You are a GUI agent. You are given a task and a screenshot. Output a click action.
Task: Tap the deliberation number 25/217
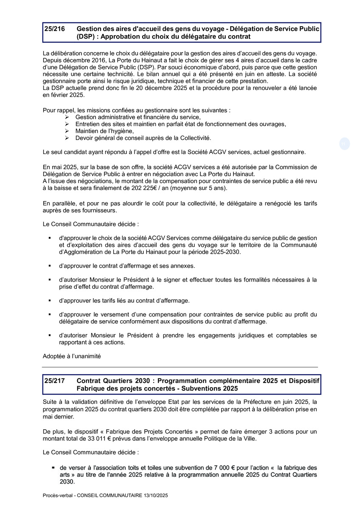[54, 380]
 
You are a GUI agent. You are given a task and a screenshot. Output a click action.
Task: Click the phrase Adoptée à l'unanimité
[72, 356]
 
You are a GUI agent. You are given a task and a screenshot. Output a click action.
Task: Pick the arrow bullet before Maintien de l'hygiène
[67, 131]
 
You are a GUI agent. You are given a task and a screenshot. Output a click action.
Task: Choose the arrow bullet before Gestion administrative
[67, 117]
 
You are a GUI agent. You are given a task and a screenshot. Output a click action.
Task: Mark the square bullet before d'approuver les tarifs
[50, 300]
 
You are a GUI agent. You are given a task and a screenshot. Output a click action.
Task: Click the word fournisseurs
[98, 210]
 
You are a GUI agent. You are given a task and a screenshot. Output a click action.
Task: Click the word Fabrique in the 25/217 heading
[90, 388]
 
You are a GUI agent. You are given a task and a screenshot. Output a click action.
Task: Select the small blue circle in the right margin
[344, 144]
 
